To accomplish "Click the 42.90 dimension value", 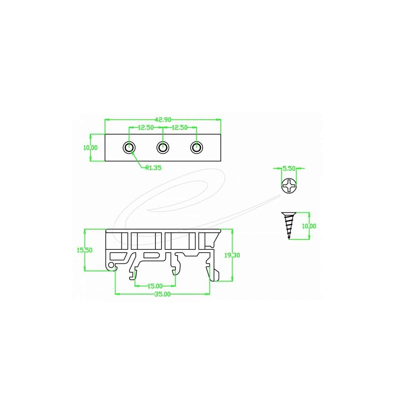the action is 163,120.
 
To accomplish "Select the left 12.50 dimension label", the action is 146,127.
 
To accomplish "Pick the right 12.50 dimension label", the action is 179,127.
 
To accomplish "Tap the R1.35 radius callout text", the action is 153,168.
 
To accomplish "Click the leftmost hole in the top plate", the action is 129,147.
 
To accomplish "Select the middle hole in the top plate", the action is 163,147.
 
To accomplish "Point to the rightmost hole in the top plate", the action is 196,147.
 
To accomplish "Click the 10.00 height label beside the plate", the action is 90,148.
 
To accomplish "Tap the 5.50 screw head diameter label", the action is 289,168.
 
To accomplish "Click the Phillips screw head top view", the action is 289,186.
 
